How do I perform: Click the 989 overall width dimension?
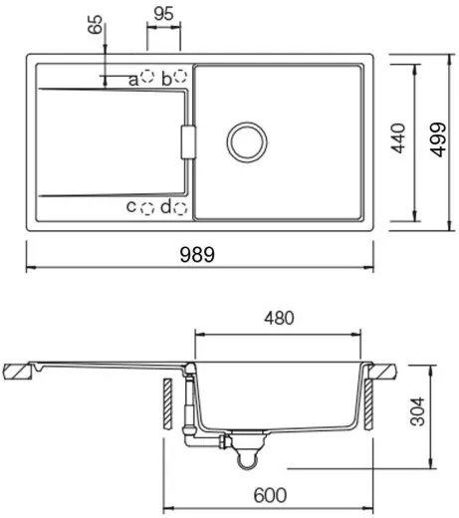pyautogui.click(x=199, y=255)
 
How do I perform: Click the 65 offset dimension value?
pyautogui.click(x=95, y=24)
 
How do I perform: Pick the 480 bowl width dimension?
pyautogui.click(x=279, y=319)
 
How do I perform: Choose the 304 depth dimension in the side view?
pyautogui.click(x=417, y=410)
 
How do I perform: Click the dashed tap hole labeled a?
pyautogui.click(x=148, y=78)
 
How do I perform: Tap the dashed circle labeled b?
pyautogui.click(x=182, y=78)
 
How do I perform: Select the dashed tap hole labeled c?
pyautogui.click(x=148, y=208)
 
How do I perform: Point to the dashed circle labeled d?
pyautogui.click(x=182, y=208)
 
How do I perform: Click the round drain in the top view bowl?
pyautogui.click(x=245, y=140)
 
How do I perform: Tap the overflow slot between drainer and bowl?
pyautogui.click(x=185, y=141)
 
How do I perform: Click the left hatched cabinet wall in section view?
pyautogui.click(x=161, y=406)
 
